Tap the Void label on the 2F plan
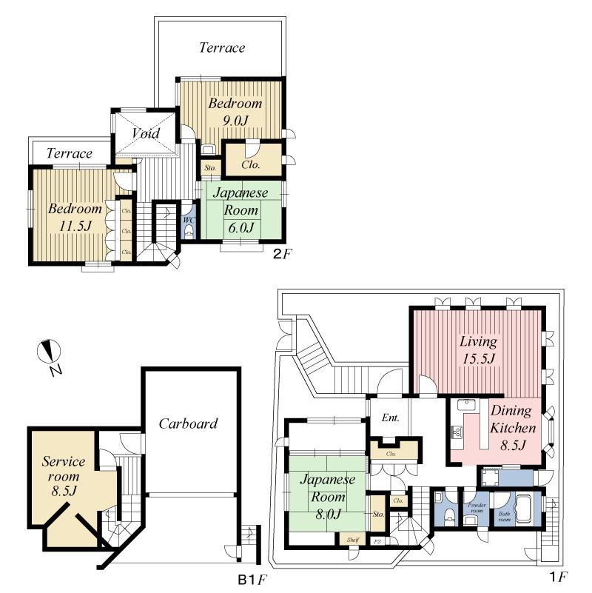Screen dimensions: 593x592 146,133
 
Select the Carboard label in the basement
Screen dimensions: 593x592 188,423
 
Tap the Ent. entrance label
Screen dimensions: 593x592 389,418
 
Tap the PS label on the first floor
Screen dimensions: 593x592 378,541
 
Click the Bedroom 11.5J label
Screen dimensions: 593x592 74,217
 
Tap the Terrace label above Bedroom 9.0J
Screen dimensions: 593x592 222,47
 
